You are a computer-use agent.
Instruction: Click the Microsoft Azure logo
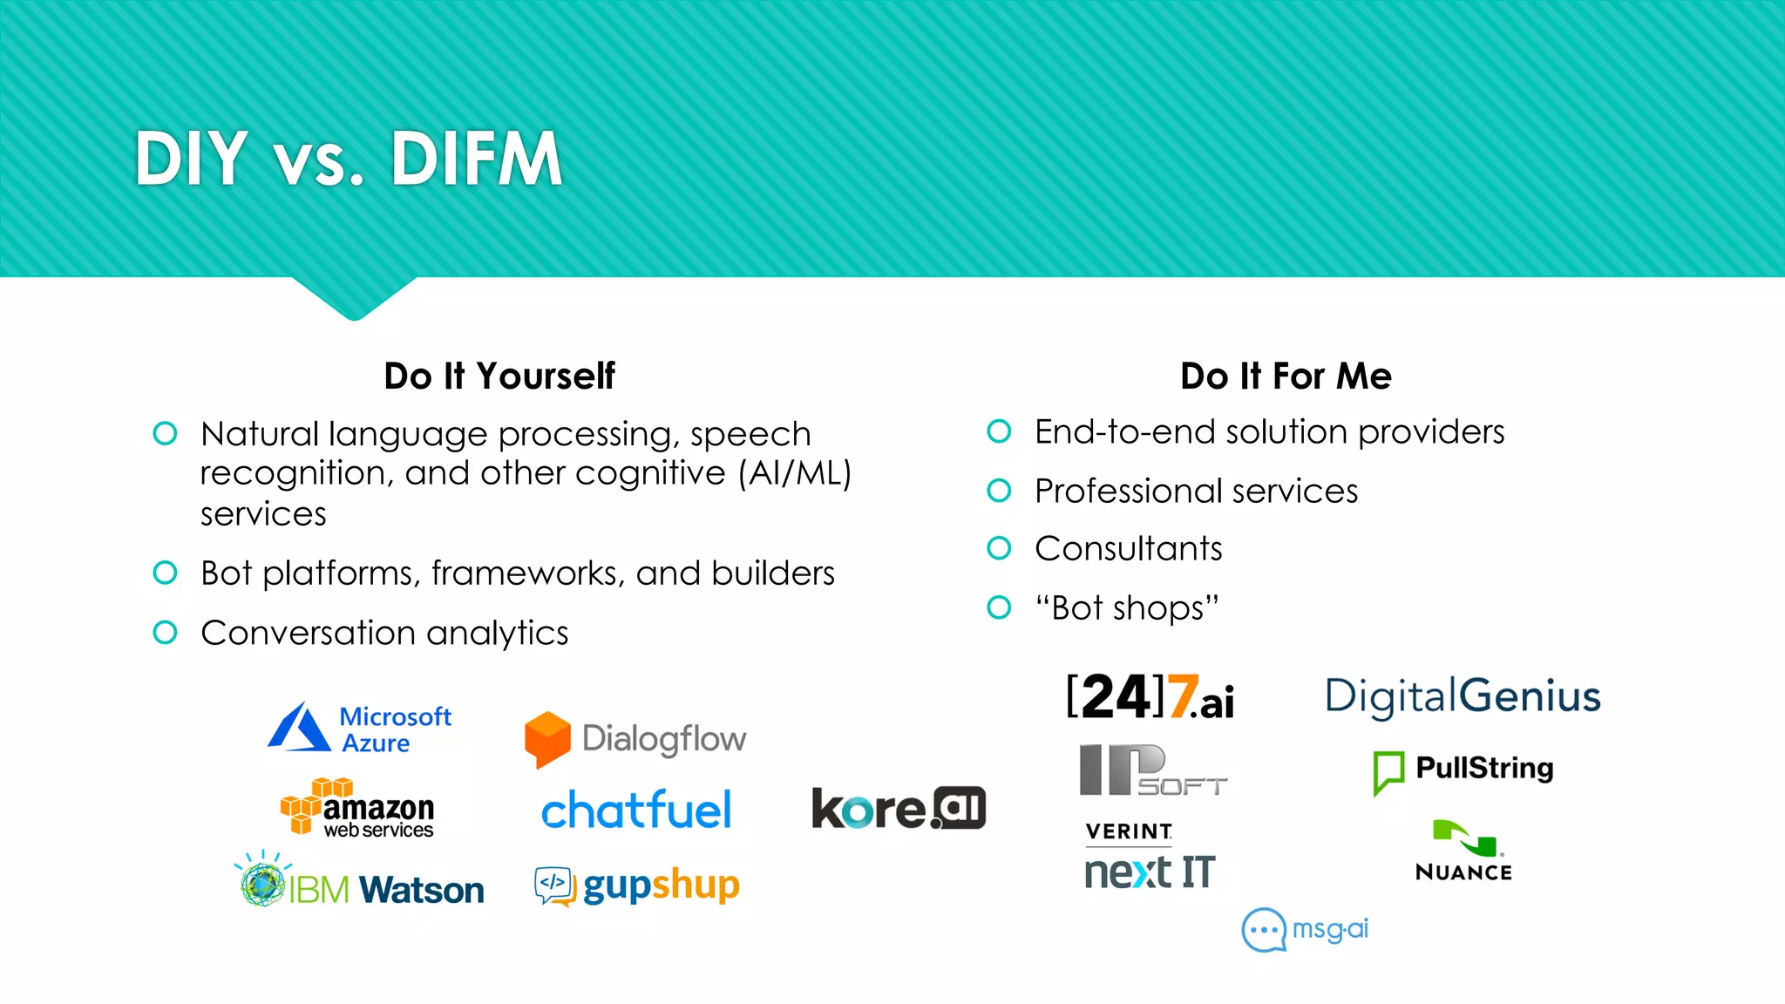click(359, 729)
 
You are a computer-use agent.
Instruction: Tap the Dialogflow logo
click(635, 740)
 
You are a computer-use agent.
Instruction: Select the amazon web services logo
click(357, 808)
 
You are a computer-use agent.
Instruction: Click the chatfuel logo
click(636, 811)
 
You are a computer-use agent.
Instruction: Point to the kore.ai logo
click(899, 808)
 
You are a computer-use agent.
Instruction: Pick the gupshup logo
click(637, 886)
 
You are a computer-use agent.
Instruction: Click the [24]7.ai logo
click(1150, 697)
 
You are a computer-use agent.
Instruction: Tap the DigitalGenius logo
click(1463, 697)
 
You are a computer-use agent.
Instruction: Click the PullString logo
click(1463, 770)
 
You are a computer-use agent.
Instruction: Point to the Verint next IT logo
click(1149, 858)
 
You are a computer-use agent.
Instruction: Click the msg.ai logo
click(1305, 930)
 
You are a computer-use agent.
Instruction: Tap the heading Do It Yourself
click(499, 376)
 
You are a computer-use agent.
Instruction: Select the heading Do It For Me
click(1286, 376)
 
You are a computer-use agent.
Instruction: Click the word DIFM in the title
click(476, 159)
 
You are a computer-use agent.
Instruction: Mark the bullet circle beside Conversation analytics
click(165, 633)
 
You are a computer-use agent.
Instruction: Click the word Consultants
click(1128, 549)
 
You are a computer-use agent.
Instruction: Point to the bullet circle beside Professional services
click(999, 491)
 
